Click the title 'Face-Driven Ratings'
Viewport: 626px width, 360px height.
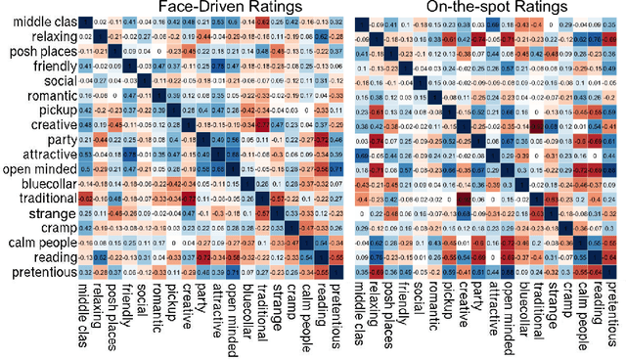click(x=210, y=9)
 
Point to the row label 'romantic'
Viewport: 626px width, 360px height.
click(x=45, y=96)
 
